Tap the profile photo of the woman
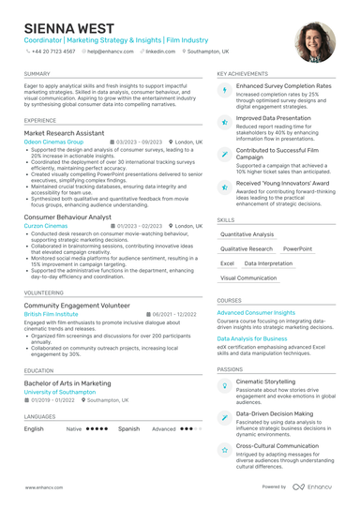pos(315,43)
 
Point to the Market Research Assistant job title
pos(65,133)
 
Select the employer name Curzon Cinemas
pos(46,225)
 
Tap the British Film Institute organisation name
pos(52,314)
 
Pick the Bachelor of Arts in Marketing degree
pos(67,383)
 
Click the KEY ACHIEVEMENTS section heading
pos(242,73)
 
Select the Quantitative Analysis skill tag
pos(247,234)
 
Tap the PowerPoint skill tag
pos(298,249)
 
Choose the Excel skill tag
pos(227,263)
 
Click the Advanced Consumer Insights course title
pos(256,312)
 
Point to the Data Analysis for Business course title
pos(252,337)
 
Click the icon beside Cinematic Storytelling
pos(225,385)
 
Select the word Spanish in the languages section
pos(128,428)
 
